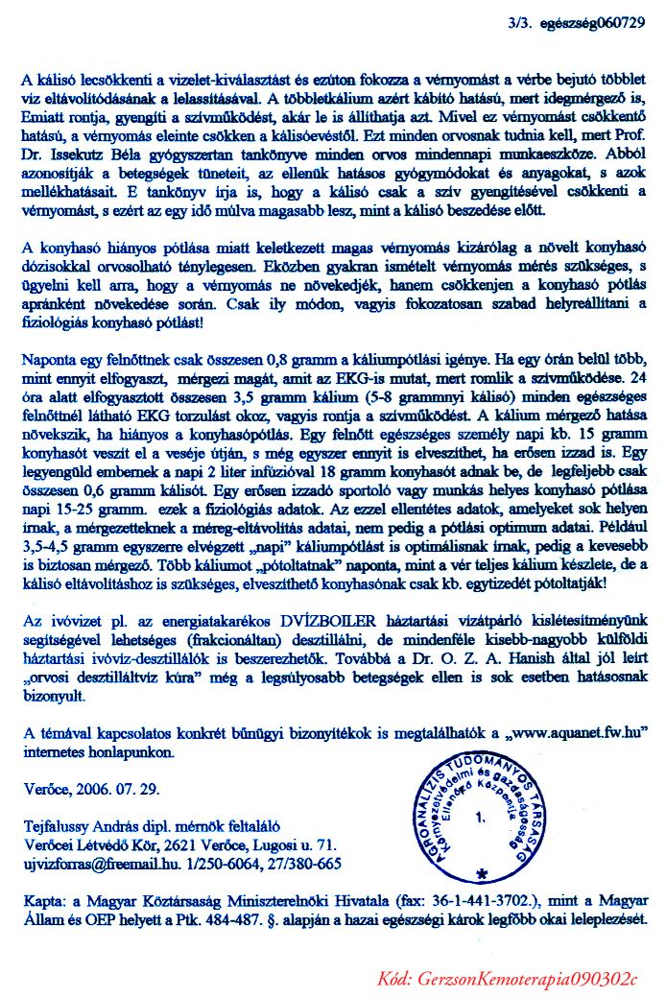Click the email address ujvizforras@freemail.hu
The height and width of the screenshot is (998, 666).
coord(96,863)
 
